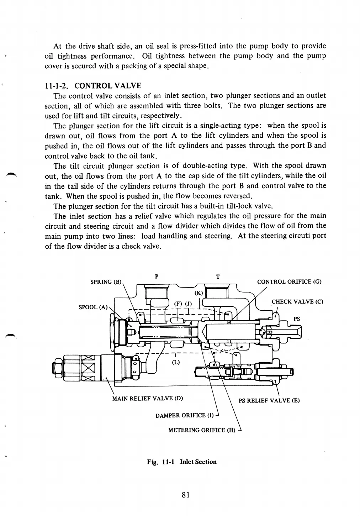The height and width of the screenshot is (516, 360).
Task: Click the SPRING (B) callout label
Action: coord(106,282)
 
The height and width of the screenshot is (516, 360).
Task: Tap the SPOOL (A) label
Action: coord(93,307)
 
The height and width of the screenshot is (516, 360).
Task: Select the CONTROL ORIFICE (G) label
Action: coord(289,282)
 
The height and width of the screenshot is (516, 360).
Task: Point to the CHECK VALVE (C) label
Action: coord(297,302)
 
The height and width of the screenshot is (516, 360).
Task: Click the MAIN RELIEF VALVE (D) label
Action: coord(148,398)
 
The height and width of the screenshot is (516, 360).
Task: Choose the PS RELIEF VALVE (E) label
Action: coord(269,400)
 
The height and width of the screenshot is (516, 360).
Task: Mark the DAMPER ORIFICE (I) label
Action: coord(185,415)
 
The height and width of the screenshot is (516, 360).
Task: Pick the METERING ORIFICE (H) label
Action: coord(202,430)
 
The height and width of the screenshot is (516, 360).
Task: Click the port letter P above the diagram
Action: coord(157,276)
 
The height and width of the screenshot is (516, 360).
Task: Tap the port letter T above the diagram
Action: coord(218,276)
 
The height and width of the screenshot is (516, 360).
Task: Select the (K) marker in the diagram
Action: coord(199,293)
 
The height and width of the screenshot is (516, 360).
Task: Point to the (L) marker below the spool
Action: coord(176,363)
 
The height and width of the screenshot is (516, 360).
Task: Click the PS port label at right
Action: coord(297,319)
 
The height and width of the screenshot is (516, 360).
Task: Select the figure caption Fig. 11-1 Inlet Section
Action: coord(182,462)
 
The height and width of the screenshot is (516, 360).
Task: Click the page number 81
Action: coord(185,495)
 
